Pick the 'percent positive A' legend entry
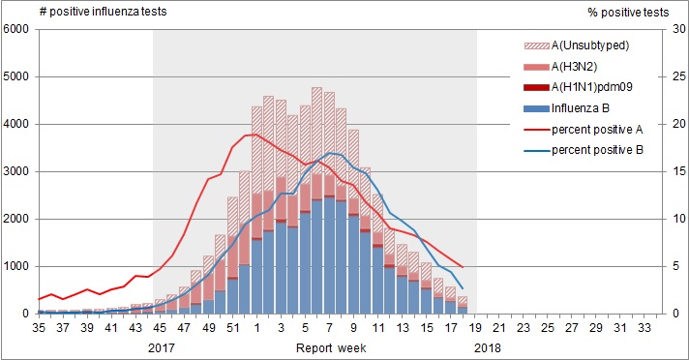(x=594, y=129)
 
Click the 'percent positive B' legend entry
(x=594, y=149)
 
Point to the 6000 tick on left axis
(x=17, y=29)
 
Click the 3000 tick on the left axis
(x=17, y=171)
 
